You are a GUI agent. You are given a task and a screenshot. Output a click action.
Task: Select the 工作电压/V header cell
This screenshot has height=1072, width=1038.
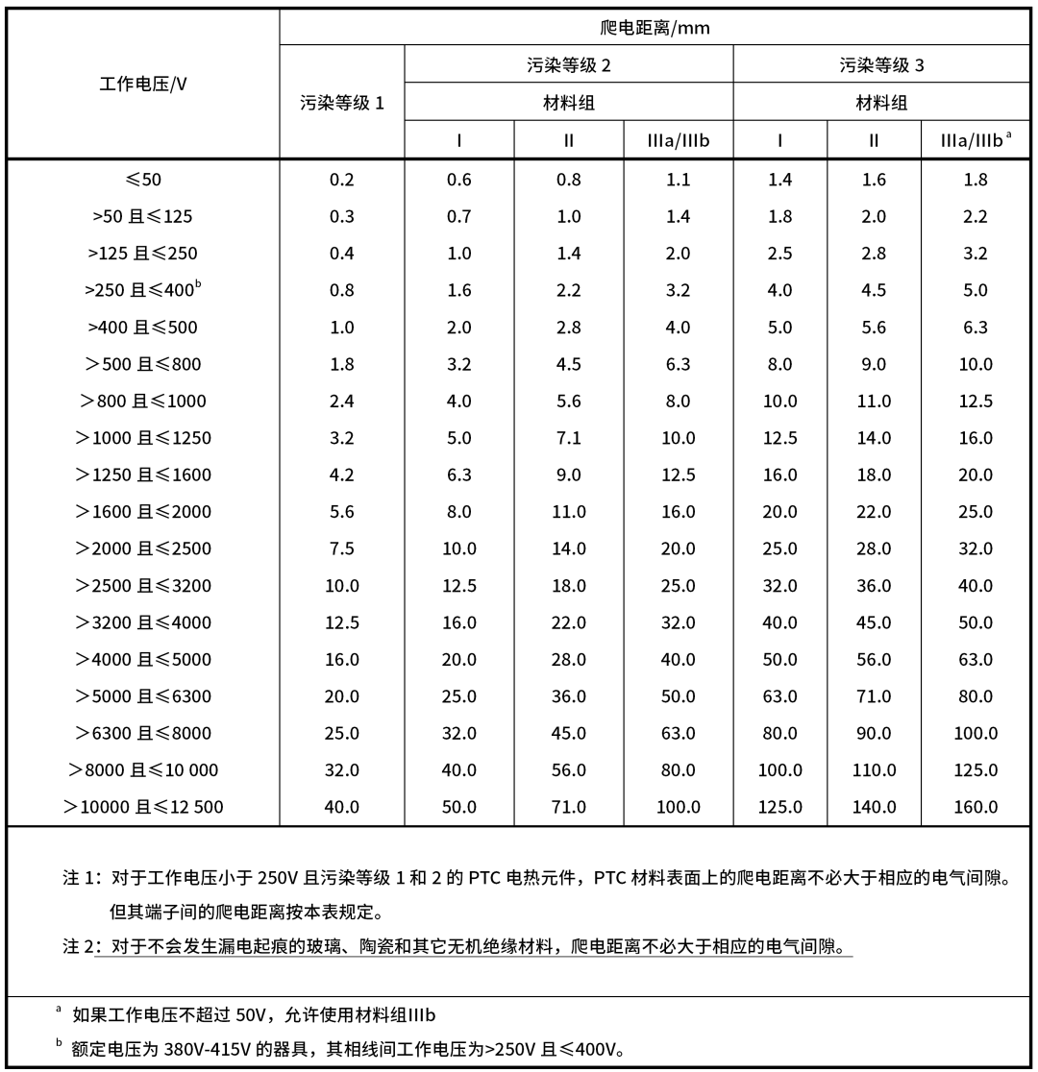143,83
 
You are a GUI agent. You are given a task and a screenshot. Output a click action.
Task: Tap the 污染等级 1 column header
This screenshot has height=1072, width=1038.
342,102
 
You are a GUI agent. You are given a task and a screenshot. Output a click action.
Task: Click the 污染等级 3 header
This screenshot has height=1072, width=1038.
881,64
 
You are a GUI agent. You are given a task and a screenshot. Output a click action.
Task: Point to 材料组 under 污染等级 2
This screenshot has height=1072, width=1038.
569,103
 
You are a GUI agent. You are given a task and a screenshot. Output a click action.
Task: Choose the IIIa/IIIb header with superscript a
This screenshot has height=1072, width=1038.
975,140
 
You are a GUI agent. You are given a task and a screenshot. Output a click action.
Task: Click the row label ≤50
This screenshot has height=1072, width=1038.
143,180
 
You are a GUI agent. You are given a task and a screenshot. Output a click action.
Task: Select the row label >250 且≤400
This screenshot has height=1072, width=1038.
143,290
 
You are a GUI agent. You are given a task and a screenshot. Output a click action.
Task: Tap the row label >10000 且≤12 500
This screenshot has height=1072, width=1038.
143,807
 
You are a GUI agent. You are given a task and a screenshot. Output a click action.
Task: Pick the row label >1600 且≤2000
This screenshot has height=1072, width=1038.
143,512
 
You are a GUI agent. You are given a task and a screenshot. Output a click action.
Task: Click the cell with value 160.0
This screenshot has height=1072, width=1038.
975,807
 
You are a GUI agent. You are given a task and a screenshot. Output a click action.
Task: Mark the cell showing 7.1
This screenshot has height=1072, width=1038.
569,438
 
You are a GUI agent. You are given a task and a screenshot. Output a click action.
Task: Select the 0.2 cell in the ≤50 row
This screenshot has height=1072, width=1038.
342,180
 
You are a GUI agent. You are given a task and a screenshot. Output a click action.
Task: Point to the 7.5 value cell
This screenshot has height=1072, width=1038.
342,548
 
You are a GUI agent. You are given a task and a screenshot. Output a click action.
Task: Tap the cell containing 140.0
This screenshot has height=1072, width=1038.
874,807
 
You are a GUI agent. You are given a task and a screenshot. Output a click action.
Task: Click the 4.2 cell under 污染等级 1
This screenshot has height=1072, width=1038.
342,475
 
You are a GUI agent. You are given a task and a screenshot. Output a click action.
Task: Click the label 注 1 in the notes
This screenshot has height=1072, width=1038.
81,878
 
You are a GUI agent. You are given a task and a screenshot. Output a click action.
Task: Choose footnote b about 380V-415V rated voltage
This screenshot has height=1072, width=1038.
346,1048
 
